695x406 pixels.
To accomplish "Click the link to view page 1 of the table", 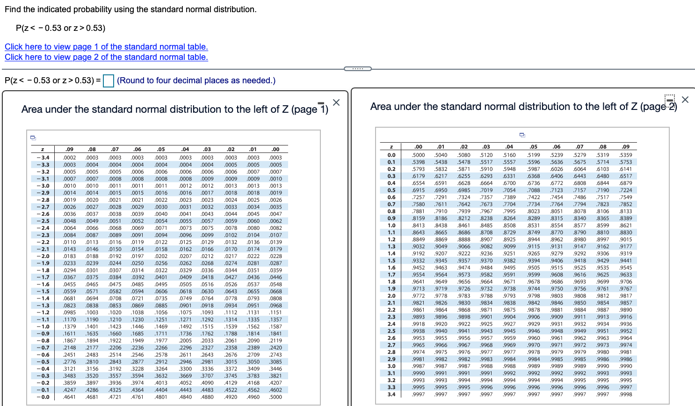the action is coord(106,47).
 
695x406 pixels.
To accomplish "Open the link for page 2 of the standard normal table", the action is coord(106,57).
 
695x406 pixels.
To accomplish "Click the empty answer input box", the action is coord(109,81).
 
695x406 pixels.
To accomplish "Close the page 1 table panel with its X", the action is coord(336,102).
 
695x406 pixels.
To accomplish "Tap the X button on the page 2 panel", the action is coord(685,100).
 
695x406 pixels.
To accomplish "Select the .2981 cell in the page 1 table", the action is coord(207,362).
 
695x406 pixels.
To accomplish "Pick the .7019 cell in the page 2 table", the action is coord(486,190).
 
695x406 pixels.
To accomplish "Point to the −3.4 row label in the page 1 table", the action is coord(43,158).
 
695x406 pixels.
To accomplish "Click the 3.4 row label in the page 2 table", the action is coord(391,394).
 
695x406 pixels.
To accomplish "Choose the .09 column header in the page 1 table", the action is coord(70,150).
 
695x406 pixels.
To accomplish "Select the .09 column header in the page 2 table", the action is coord(626,147).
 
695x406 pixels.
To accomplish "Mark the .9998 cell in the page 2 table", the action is coord(626,394).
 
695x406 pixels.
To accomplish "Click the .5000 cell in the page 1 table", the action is coord(276,397).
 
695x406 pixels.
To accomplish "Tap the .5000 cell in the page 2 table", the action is coord(419,155).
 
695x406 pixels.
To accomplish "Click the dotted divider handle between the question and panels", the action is coord(358,69).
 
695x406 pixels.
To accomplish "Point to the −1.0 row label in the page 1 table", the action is coord(43,326).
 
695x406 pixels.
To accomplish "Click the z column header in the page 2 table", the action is coord(391,147).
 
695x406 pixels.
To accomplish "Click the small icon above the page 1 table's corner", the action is coord(33,138).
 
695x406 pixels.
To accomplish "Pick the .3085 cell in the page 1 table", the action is coord(276,362).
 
